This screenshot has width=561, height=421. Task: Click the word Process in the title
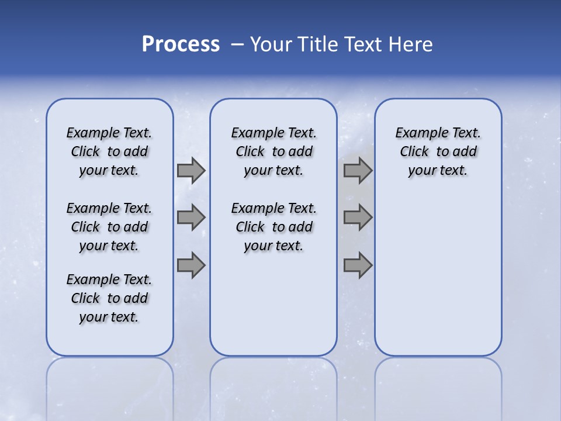coord(181,44)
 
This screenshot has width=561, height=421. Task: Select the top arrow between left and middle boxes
coord(191,170)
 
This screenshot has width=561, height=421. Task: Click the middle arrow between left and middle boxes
coord(191,218)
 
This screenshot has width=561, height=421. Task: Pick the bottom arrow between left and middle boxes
coord(191,265)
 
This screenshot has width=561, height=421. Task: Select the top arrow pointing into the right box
coord(358,170)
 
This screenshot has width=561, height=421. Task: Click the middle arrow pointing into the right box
coord(358,218)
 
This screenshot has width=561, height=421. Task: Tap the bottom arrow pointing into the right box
coord(358,265)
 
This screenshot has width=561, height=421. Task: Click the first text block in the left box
coord(109,151)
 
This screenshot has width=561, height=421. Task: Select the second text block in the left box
coord(109,227)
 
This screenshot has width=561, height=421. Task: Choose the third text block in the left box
coord(109,298)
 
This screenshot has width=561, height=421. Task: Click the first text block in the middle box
coord(273,151)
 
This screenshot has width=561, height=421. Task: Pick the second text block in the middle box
coord(273,227)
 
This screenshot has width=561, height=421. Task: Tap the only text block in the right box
coord(438,151)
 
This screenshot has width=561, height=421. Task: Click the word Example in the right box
coord(417,133)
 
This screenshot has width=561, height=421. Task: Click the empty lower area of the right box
coord(438,281)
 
